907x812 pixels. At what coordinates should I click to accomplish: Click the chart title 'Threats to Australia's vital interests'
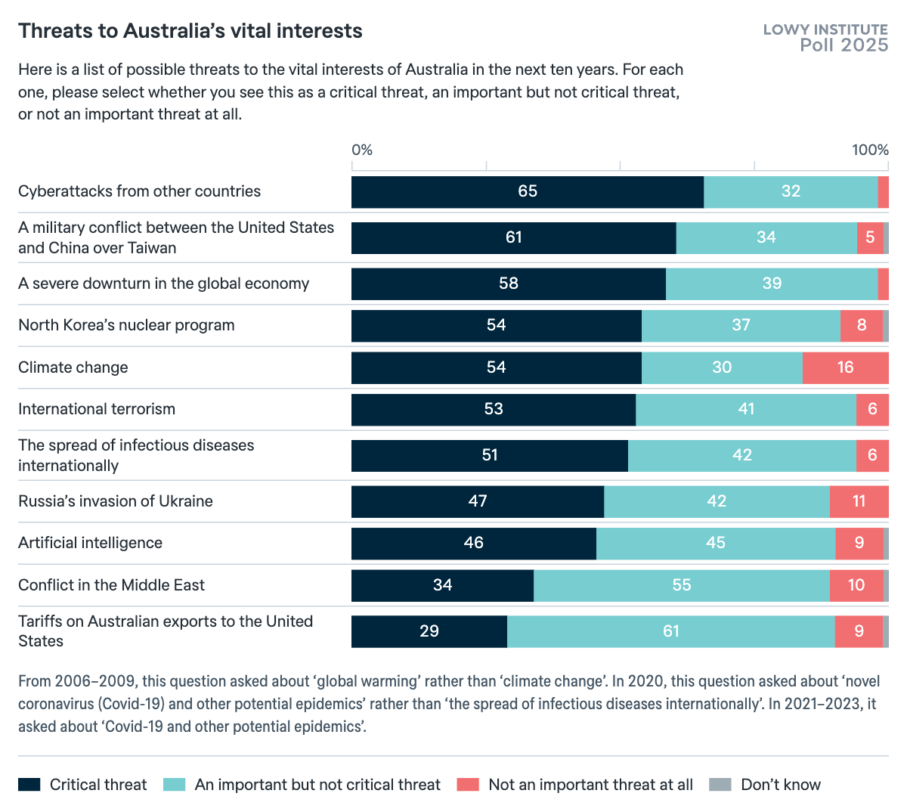point(190,31)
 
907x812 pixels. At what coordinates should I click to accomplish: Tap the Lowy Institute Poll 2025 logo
point(825,38)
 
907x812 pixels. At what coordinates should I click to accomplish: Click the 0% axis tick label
point(362,150)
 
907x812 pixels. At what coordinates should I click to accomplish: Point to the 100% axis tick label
point(870,150)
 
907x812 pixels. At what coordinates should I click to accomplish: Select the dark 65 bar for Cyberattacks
point(527,192)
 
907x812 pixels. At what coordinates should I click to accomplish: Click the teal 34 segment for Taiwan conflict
point(766,238)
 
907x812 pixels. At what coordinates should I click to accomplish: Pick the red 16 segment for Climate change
point(845,368)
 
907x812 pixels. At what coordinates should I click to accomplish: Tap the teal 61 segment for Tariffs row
point(670,631)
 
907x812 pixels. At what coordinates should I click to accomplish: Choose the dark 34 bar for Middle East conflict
point(442,586)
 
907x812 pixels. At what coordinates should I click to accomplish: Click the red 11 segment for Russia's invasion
point(859,502)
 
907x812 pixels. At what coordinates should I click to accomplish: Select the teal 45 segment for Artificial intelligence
point(715,544)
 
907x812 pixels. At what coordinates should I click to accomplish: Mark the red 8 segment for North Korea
point(861,326)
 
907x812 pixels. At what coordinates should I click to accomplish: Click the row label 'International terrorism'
point(97,409)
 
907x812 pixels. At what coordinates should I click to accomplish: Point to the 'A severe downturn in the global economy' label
point(164,284)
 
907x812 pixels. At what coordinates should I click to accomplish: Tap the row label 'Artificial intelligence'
point(90,543)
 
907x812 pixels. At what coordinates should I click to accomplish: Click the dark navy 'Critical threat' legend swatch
point(29,785)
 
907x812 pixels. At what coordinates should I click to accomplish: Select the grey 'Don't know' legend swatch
point(720,785)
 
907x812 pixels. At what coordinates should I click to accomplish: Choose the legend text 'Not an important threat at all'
point(590,785)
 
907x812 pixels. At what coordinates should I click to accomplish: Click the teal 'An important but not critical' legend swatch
point(174,785)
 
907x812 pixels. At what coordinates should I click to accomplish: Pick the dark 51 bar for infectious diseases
point(489,456)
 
